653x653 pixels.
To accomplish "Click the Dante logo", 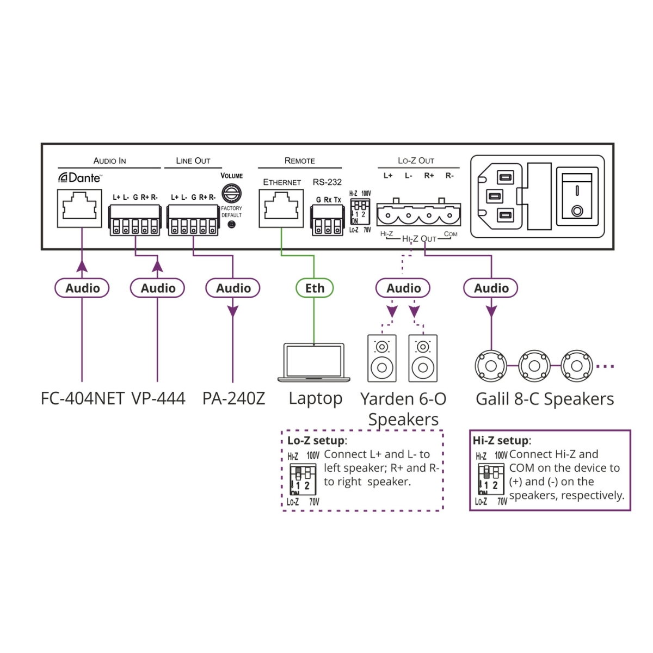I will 79,177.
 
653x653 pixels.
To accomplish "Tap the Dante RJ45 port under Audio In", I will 79,208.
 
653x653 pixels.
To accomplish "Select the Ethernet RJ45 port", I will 281,208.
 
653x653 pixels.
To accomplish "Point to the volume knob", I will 232,193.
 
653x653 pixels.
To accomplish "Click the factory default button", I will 232,224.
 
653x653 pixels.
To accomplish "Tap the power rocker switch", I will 577,196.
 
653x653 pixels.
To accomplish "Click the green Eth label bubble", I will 315,288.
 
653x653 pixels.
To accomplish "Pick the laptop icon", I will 314,362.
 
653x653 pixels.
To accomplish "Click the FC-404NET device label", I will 83,398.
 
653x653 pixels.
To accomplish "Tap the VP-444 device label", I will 158,398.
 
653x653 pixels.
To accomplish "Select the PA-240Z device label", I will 233,398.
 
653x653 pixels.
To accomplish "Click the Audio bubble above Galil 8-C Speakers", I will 491,288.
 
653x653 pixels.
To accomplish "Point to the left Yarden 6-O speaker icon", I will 382,358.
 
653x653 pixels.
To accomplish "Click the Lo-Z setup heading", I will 316,440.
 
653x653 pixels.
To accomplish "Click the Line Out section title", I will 193,161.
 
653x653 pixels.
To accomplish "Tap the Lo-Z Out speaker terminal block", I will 418,214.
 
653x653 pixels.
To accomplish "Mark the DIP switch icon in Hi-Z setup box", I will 491,479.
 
